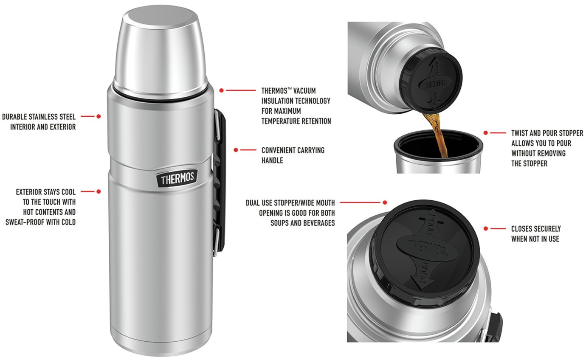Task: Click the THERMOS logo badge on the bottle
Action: (178, 178)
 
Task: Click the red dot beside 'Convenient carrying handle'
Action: (236, 150)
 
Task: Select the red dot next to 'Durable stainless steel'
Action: (99, 116)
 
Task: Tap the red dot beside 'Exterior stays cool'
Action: (99, 191)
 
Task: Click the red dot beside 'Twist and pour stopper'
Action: (486, 133)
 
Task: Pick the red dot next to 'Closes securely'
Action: (486, 229)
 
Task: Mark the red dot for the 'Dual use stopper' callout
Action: (385, 202)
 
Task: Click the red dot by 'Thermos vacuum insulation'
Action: (222, 90)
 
